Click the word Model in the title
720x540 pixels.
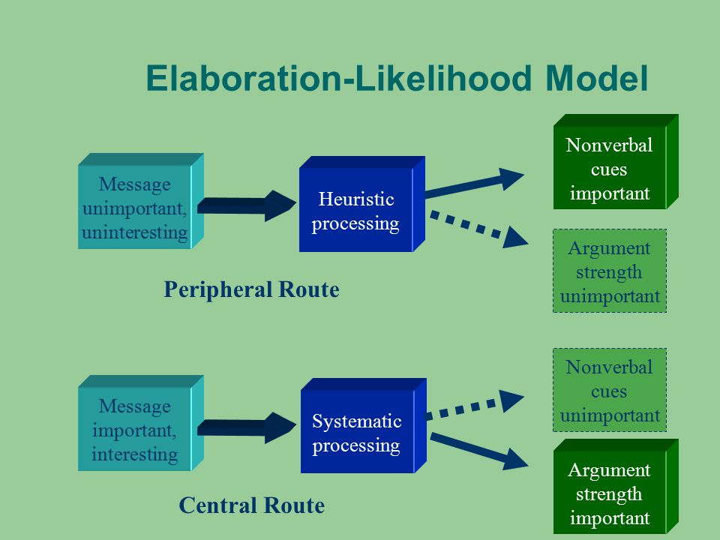coord(597,78)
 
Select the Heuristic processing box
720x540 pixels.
coord(361,204)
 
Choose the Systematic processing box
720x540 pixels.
coord(363,426)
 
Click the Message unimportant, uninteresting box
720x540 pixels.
coord(140,201)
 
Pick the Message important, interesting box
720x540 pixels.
coord(140,423)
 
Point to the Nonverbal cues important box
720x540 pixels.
coord(616,162)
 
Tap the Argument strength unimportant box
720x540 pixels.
coord(609,271)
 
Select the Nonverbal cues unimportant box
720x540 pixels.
coord(609,390)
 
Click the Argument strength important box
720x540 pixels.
coord(616,487)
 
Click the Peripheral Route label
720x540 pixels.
coord(252,289)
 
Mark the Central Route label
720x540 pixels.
coord(252,505)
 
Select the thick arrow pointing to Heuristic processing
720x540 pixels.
coord(247,205)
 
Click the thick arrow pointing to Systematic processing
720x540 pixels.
coord(247,427)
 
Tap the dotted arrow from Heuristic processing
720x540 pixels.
coord(478,229)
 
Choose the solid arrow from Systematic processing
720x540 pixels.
coord(479,451)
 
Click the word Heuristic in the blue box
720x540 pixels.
coord(356,199)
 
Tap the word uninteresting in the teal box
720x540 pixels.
coord(134,232)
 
